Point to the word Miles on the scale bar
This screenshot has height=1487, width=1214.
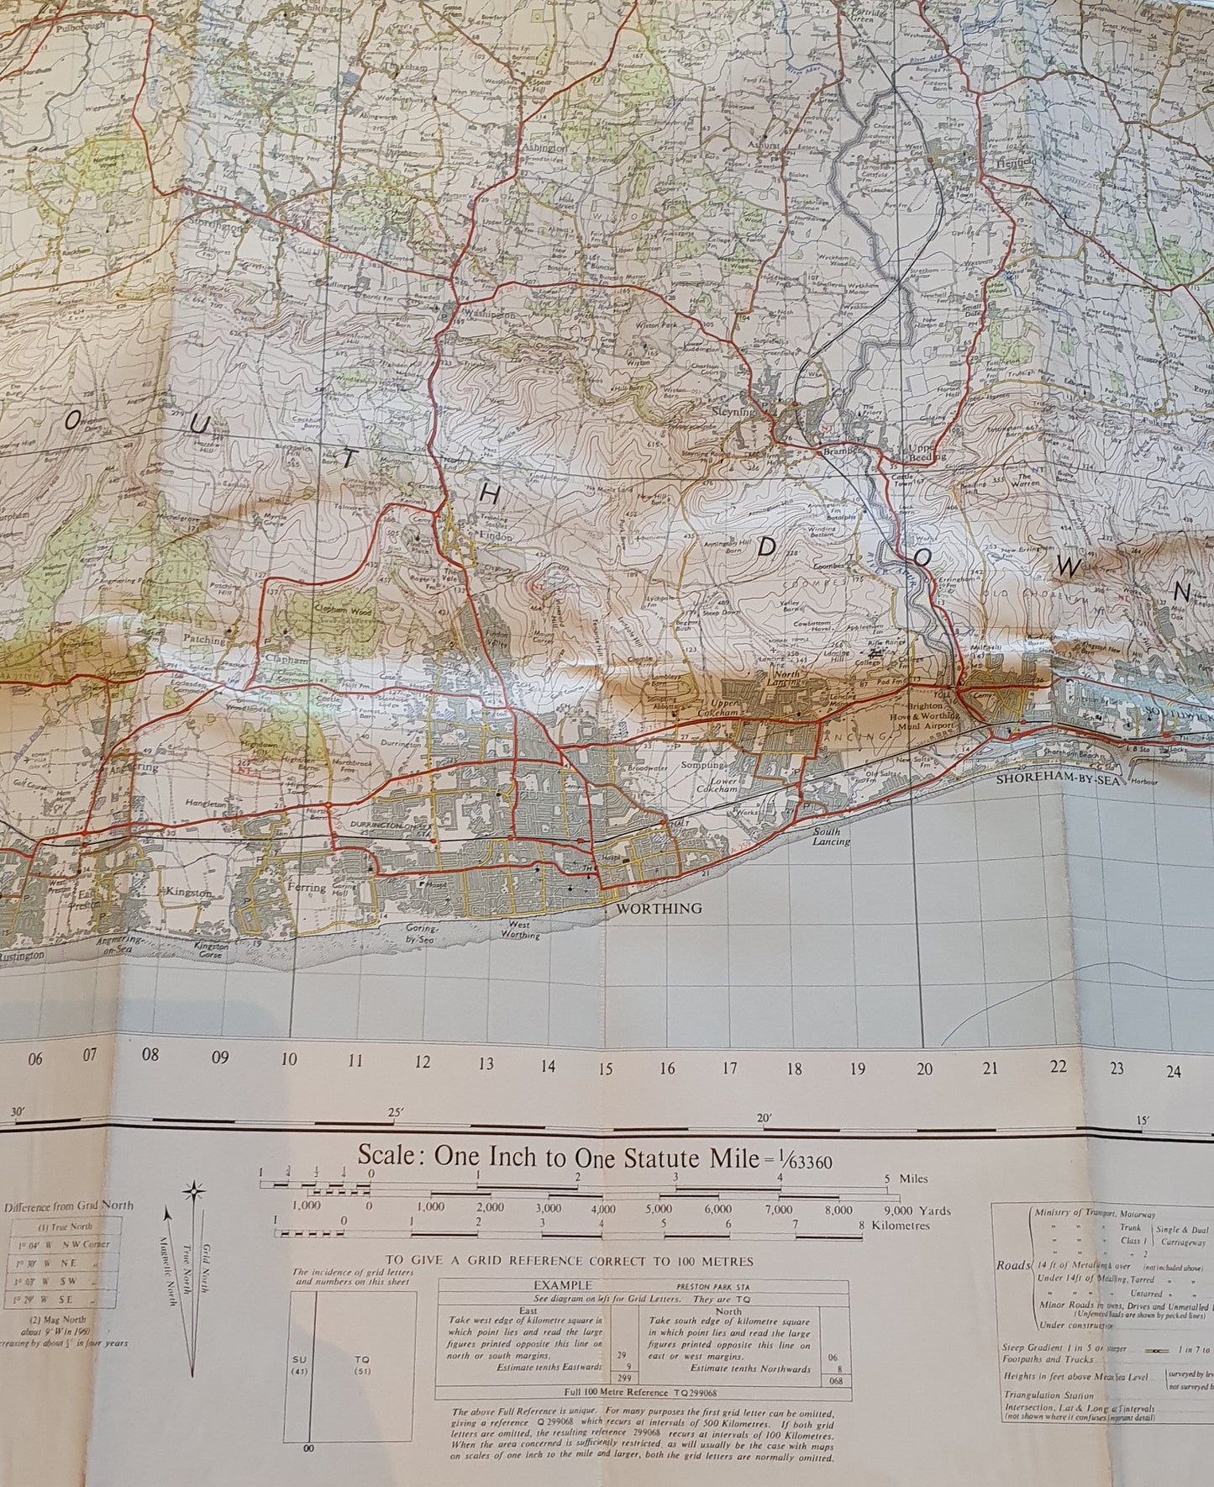click(x=913, y=1179)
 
